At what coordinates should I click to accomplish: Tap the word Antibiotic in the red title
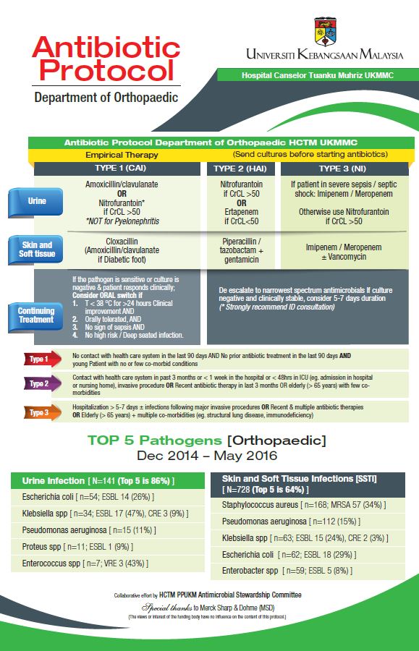[x=106, y=48]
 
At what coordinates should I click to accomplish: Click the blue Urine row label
[x=36, y=202]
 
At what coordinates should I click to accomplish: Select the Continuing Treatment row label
[x=36, y=315]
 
